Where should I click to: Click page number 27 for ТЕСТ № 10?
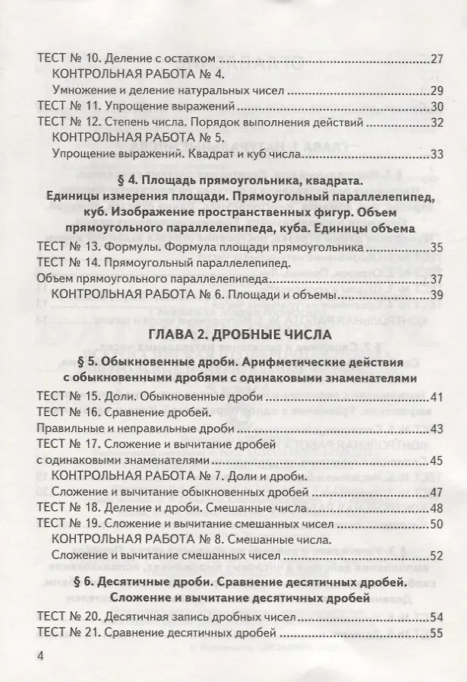click(436, 59)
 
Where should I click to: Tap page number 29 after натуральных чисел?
click(436, 90)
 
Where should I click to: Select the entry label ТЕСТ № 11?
click(68, 106)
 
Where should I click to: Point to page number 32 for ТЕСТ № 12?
click(436, 122)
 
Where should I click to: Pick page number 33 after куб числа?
click(436, 154)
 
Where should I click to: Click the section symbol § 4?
click(125, 182)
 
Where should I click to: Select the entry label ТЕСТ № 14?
click(68, 262)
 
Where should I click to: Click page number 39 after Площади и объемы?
click(436, 294)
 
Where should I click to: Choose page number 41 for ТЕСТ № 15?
click(436, 397)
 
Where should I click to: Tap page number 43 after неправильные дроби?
click(436, 429)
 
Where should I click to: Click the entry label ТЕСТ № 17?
click(68, 444)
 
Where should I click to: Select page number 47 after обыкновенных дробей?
click(436, 492)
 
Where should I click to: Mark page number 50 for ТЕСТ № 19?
click(436, 524)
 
